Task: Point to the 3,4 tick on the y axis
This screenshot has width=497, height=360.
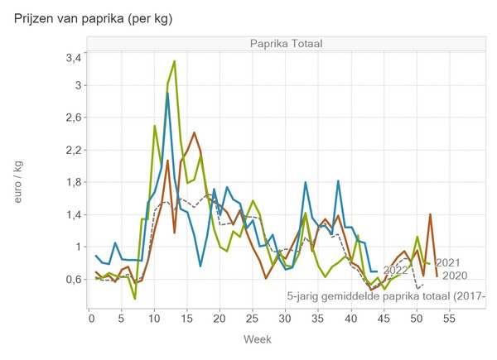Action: point(73,58)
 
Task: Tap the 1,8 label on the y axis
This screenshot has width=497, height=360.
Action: point(73,182)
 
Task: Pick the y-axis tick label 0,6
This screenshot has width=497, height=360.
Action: point(73,280)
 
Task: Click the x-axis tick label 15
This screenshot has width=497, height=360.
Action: point(186,317)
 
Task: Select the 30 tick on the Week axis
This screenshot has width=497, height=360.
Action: point(284,317)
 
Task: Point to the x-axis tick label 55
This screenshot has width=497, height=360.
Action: point(447,317)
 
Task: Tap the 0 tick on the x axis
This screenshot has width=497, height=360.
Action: point(89,317)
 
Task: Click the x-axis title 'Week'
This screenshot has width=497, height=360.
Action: point(257,339)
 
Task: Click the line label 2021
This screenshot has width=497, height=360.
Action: point(448,263)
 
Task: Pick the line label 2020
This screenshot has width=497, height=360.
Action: point(455,276)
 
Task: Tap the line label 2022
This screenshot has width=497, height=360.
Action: point(396,270)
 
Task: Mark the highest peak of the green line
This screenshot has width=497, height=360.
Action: point(174,61)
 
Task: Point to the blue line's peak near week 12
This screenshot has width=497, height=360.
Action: point(167,94)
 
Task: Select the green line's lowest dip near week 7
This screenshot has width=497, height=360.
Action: point(135,298)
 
